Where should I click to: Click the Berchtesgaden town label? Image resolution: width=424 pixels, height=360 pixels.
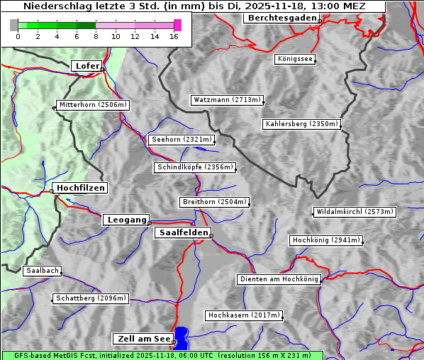pos(281,18)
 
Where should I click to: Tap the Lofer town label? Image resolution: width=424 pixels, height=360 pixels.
pos(87,66)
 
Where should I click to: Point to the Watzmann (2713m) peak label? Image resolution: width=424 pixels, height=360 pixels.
pos(227,100)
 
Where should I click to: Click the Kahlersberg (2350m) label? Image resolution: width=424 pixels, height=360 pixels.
pos(302,124)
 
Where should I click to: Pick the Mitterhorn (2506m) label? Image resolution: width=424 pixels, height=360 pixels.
pos(93,105)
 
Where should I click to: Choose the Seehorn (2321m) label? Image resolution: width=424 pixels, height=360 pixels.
pos(182,140)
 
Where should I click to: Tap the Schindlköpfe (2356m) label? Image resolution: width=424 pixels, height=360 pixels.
pos(194,167)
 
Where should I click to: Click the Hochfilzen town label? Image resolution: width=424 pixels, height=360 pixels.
pos(80,188)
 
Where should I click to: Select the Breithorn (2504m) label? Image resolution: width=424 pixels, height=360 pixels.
pos(214,202)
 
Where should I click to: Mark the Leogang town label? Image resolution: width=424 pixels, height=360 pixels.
pos(126,220)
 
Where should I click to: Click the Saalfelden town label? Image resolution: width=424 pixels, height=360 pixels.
pos(182,232)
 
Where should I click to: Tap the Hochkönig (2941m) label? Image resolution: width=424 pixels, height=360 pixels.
pos(326,240)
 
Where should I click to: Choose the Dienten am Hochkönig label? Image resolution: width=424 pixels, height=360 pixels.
pos(279,279)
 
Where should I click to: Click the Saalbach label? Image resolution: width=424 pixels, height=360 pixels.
pos(42,271)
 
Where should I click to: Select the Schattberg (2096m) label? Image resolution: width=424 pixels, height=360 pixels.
pos(91,298)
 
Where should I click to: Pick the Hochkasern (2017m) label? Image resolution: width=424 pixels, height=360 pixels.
pos(243,315)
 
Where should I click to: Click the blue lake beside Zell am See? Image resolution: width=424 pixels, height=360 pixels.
pos(182,337)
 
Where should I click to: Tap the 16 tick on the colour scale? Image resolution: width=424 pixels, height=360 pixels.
pos(174,36)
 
